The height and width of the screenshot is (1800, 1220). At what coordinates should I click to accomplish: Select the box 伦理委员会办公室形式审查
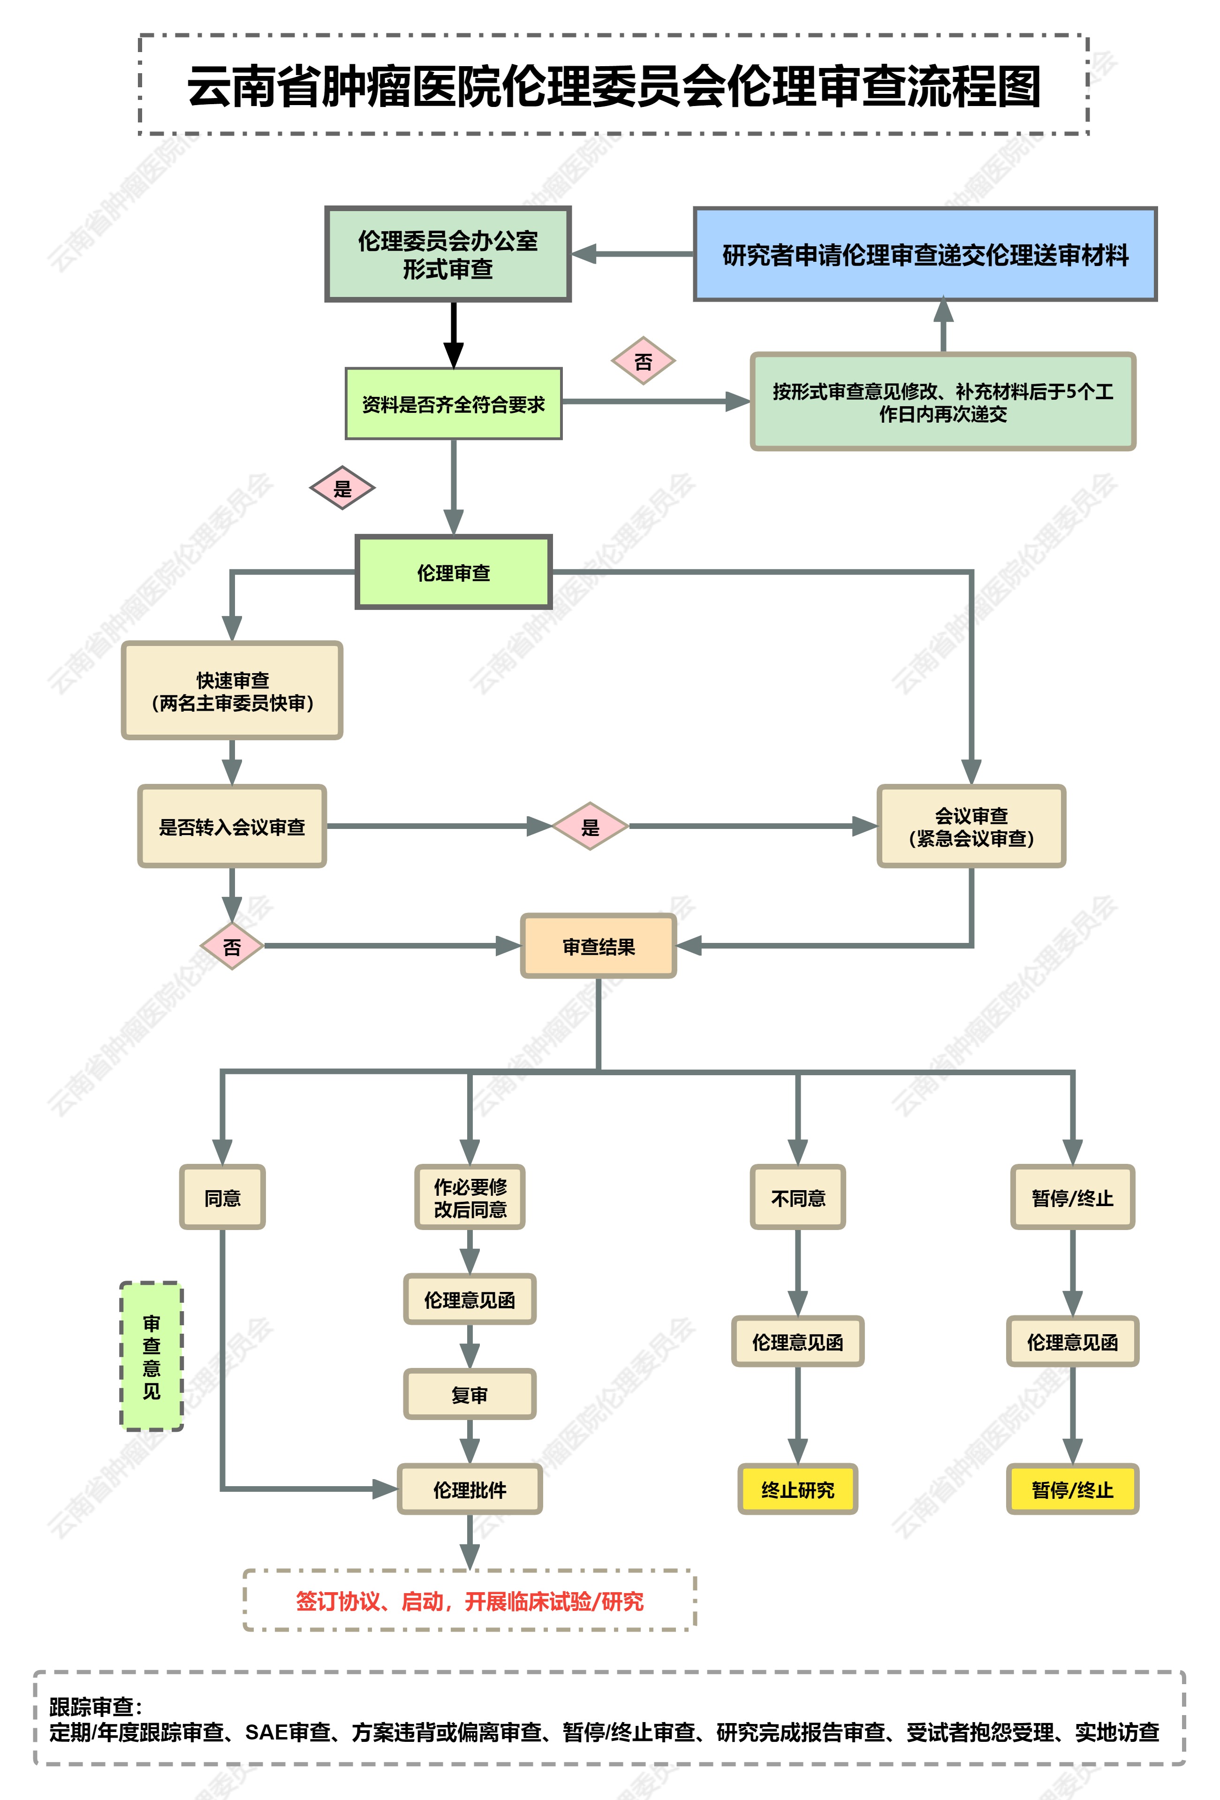coord(448,254)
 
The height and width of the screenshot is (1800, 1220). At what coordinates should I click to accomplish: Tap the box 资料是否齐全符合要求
coord(453,403)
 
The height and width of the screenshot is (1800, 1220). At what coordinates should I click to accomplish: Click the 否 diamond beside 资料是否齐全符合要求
coord(643,361)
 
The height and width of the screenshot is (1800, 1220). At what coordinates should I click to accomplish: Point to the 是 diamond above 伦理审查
coord(342,488)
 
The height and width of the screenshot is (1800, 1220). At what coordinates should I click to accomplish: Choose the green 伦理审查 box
coord(453,572)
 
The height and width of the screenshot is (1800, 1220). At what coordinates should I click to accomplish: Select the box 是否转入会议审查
coord(232,827)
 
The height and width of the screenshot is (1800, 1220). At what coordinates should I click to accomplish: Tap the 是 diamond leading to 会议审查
coord(590,827)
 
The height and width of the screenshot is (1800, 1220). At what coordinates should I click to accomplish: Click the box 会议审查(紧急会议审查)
coord(970,827)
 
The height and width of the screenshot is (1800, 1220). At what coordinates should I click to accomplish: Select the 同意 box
coord(222,1197)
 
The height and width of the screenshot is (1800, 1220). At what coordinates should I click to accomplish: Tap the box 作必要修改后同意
coord(470,1197)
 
